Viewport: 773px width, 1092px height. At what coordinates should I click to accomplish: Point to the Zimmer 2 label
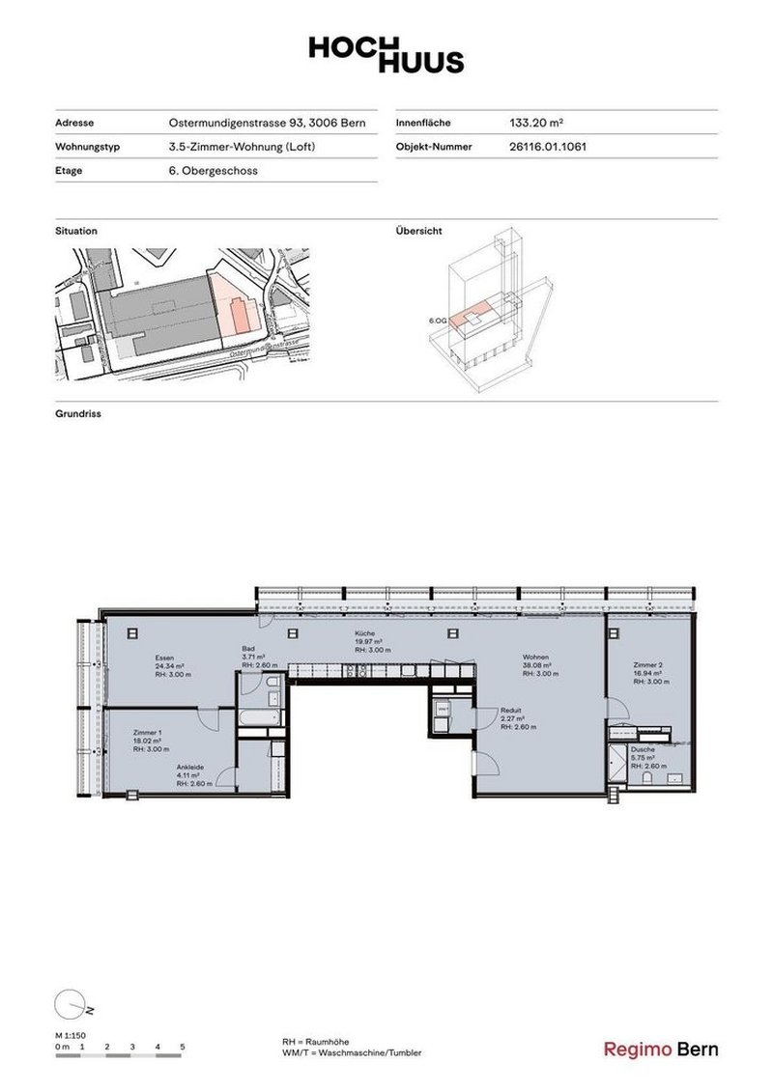(x=648, y=665)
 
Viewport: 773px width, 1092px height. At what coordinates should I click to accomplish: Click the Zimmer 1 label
(x=148, y=733)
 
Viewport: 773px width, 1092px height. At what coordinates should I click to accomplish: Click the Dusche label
(x=643, y=749)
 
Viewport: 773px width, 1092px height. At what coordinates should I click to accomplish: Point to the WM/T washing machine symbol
(x=444, y=708)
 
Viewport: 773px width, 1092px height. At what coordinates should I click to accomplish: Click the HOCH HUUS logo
(x=386, y=55)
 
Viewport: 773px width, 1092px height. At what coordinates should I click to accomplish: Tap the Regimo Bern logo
(x=661, y=1050)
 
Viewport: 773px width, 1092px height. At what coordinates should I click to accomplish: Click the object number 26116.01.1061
(x=548, y=148)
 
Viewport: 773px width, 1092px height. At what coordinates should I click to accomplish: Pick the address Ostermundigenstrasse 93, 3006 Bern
(x=266, y=124)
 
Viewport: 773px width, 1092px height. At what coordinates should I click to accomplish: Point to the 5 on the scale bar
(x=183, y=1047)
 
